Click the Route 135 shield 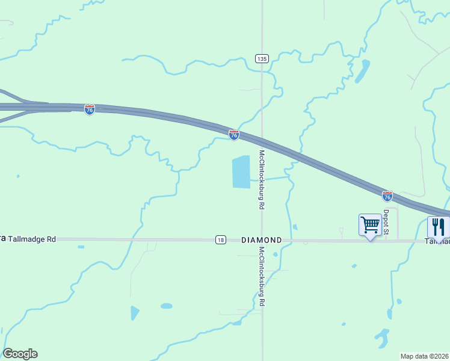coord(262,58)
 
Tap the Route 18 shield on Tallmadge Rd coord(221,239)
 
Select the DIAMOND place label coord(261,239)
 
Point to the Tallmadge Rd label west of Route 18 coord(32,239)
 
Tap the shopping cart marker coord(370,226)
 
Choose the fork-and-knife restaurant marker coord(438,227)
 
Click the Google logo coord(20,354)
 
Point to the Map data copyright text coord(424,356)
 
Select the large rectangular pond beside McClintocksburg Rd coord(241,171)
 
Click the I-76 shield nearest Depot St coord(387,196)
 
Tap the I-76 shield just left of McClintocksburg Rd coord(234,135)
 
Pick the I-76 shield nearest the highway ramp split coord(90,110)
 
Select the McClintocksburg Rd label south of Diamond coord(262,277)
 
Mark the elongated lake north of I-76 coord(362,72)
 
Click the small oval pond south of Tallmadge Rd coord(167,306)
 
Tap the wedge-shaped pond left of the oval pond coord(134,312)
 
